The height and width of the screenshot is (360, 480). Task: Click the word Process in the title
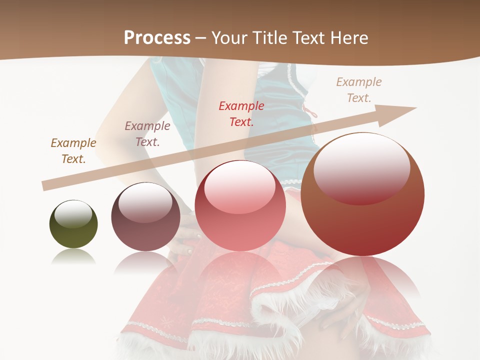click(x=157, y=38)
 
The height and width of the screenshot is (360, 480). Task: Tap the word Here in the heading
click(x=348, y=38)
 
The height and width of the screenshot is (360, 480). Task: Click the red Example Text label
click(x=241, y=113)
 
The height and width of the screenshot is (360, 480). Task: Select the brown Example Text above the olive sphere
click(x=73, y=150)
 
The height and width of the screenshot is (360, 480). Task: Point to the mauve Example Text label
click(x=147, y=133)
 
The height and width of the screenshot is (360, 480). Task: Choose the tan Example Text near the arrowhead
click(x=359, y=89)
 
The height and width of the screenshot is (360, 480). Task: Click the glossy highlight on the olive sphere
click(x=73, y=213)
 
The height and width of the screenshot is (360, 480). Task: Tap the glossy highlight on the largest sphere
click(x=361, y=169)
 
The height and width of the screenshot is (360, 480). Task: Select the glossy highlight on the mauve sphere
click(x=145, y=202)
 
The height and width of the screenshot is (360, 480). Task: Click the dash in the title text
click(x=201, y=38)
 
